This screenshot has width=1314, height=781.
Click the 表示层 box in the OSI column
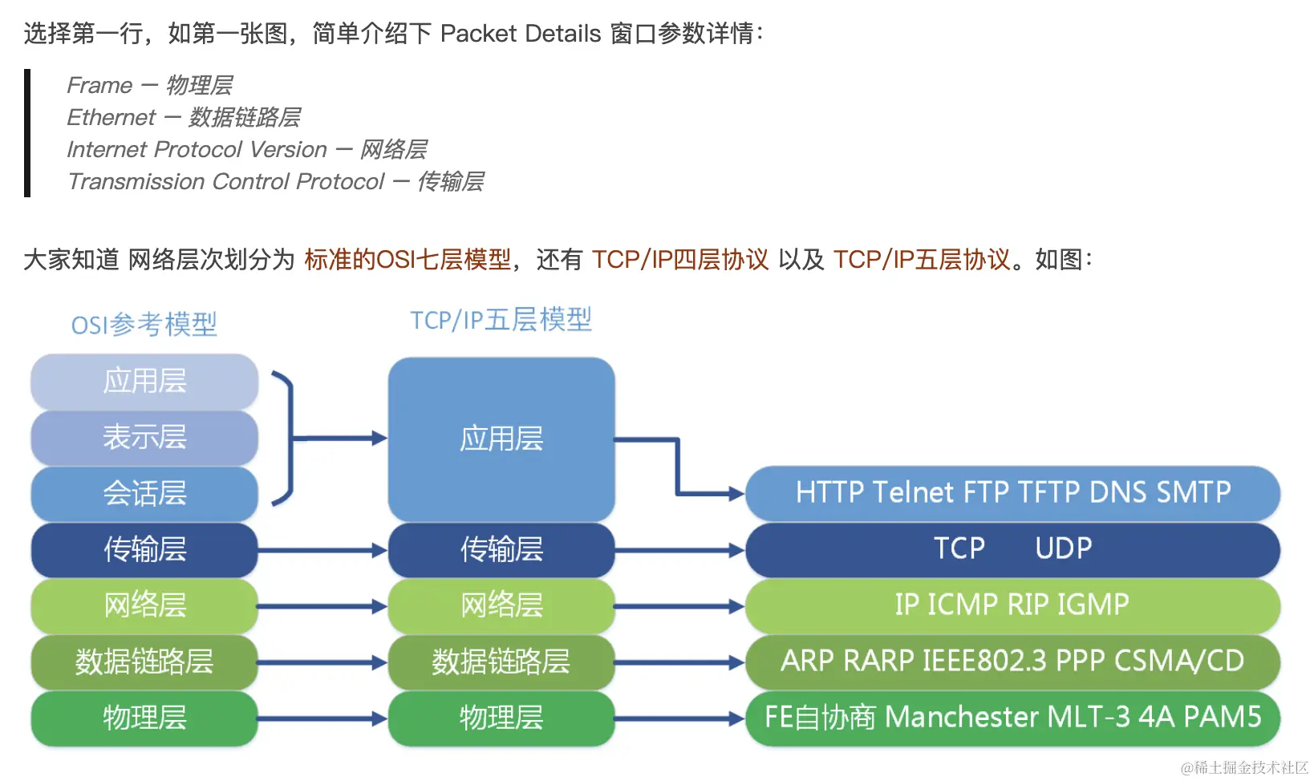144,437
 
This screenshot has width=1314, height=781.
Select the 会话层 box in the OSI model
144,493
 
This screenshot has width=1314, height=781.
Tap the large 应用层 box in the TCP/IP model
501,439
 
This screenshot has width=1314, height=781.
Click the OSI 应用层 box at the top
144,381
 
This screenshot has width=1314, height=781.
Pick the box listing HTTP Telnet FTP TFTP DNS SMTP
1012,492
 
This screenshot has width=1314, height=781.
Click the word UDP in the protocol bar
1063,548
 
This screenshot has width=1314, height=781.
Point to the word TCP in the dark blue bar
959,548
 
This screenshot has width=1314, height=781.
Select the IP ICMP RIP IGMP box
1012,605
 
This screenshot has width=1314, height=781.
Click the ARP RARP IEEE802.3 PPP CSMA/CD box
1012,661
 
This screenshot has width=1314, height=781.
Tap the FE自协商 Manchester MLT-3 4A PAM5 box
1012,717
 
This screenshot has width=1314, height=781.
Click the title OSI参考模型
144,325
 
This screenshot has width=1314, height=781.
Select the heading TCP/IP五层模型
501,320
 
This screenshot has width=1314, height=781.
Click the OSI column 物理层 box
144,718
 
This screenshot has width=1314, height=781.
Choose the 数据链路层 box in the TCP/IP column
501,662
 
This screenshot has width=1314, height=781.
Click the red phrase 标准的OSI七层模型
408,260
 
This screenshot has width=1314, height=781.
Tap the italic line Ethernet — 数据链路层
184,118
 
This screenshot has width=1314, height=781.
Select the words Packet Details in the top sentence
521,34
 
